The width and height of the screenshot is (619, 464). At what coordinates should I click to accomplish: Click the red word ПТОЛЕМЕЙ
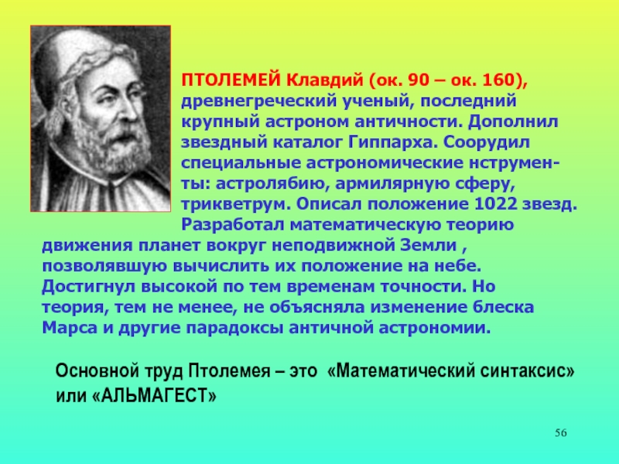(231, 80)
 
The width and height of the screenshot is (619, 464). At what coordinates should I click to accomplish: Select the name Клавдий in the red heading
(324, 80)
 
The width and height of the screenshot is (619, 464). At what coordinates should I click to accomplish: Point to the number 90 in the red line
(419, 80)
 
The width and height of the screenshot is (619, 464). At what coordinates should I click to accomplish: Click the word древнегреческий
(258, 101)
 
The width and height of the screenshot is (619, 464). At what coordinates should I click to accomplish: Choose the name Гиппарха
(392, 142)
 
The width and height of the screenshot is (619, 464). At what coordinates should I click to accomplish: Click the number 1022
(495, 204)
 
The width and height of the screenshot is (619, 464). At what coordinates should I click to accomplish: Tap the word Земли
(429, 245)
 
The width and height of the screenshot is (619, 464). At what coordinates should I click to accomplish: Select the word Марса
(70, 328)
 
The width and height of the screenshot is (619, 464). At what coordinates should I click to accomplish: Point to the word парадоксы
(234, 328)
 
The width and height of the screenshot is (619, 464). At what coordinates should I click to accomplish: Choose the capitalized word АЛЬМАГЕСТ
(154, 395)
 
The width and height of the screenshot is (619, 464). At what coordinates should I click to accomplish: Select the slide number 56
(560, 433)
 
